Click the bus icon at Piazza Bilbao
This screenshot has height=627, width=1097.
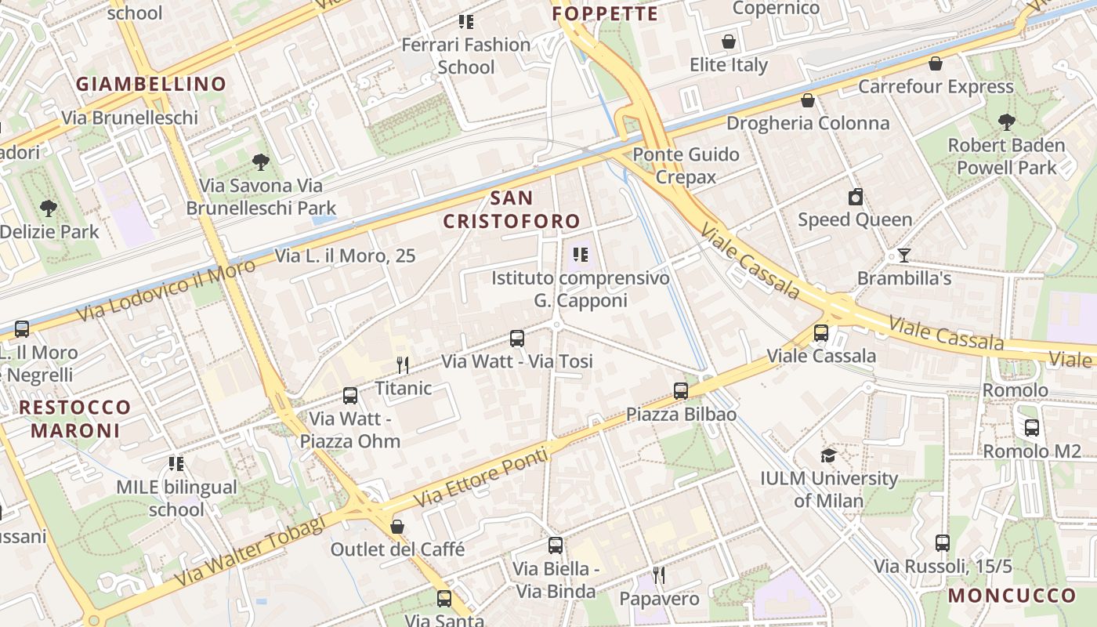[x=681, y=390]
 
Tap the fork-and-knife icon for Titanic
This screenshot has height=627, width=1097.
[x=403, y=364]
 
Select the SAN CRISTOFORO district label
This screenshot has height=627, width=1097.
[x=512, y=209]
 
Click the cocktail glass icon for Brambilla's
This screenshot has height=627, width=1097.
[x=904, y=256]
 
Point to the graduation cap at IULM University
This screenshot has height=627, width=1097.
[x=828, y=455]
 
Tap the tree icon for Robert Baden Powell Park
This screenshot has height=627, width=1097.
[x=1007, y=122]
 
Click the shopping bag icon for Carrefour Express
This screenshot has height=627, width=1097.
[x=935, y=63]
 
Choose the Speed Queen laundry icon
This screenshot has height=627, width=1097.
[x=856, y=197]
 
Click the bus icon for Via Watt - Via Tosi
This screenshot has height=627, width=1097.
[x=517, y=339]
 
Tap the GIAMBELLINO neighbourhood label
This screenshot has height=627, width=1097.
[x=151, y=84]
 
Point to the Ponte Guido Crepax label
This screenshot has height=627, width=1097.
[x=686, y=165]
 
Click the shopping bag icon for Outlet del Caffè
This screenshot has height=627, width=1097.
[x=397, y=527]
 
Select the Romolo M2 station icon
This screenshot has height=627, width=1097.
[x=1032, y=428]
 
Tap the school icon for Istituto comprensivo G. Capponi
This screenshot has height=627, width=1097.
[x=581, y=255]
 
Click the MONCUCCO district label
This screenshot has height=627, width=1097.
[x=1012, y=596]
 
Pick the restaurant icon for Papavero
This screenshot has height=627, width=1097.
[x=659, y=576]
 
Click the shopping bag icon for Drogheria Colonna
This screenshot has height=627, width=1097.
[x=808, y=100]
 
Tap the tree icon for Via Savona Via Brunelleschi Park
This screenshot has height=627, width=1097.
[x=261, y=162]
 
